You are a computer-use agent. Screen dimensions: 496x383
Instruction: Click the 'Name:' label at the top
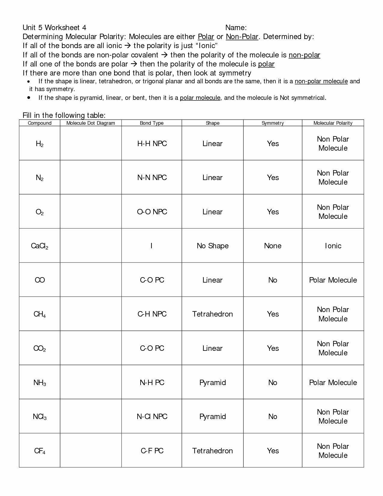click(x=236, y=28)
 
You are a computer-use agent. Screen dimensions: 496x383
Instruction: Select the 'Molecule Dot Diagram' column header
click(x=91, y=123)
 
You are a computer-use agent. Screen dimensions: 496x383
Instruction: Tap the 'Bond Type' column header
click(x=152, y=123)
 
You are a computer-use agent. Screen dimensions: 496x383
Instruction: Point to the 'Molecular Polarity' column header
click(x=333, y=123)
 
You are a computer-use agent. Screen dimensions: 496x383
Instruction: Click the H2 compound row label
click(x=40, y=144)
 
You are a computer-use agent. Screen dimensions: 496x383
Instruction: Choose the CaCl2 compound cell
click(x=40, y=246)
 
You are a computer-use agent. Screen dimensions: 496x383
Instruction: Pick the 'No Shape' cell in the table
click(x=213, y=246)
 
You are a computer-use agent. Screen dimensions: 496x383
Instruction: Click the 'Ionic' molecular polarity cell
click(x=333, y=246)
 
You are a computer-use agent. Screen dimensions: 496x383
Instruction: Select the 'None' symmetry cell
click(x=273, y=246)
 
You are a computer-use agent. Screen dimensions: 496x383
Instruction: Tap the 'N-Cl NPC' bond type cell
click(x=152, y=417)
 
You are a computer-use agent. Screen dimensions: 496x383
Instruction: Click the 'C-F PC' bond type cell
click(x=152, y=451)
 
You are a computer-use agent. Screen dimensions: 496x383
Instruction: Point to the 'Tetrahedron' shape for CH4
click(x=213, y=314)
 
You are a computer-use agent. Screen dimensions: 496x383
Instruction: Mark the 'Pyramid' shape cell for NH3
click(x=213, y=383)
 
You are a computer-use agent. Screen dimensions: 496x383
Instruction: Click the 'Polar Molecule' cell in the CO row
click(x=333, y=280)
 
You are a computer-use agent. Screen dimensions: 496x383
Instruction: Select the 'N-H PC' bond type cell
click(x=152, y=383)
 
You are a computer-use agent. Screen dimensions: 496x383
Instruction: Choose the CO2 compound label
click(x=40, y=349)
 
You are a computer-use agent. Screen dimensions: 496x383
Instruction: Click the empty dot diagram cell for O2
click(x=91, y=212)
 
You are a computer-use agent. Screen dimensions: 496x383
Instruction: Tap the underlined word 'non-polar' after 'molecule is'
click(x=304, y=55)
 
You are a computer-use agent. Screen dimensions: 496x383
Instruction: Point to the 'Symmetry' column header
click(x=273, y=123)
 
